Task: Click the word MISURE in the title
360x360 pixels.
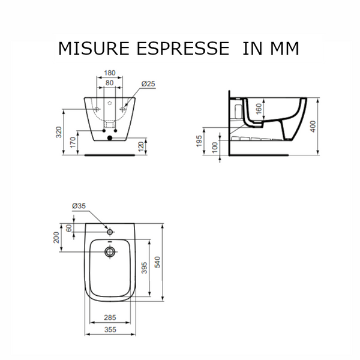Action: point(89,49)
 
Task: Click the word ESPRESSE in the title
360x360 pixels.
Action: point(178,49)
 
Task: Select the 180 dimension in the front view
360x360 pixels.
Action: point(109,73)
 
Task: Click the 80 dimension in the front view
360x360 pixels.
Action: point(109,83)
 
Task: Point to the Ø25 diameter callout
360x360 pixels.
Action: point(148,84)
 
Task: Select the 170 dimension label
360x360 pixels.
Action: point(73,142)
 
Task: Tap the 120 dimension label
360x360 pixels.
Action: point(141,146)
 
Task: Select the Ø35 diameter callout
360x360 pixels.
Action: point(79,206)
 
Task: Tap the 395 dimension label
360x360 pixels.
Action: point(144,268)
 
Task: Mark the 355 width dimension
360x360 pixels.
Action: point(109,330)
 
